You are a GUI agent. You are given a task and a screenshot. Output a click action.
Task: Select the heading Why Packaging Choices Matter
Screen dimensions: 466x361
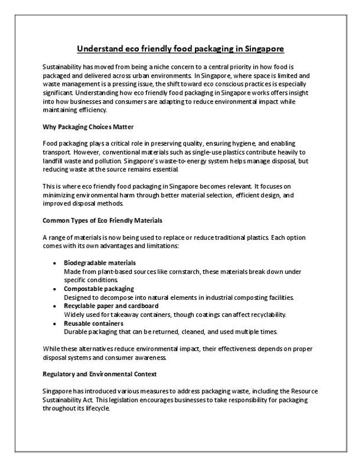[88, 127]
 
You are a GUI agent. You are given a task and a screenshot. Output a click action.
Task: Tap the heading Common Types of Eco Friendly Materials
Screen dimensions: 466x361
[102, 220]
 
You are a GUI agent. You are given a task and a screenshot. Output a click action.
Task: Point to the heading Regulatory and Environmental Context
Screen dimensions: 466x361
[100, 375]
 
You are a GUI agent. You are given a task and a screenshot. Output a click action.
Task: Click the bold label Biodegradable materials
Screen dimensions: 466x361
[99, 262]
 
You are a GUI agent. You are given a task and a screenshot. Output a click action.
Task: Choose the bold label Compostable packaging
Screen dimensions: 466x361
[98, 289]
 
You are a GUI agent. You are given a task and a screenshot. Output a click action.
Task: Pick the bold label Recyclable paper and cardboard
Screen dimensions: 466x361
[111, 306]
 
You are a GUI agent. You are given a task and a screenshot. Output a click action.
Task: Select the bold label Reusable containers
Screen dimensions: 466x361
[93, 323]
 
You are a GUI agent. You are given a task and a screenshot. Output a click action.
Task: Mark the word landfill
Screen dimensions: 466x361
[54, 160]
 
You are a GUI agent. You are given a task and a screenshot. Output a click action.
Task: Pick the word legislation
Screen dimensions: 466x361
[130, 400]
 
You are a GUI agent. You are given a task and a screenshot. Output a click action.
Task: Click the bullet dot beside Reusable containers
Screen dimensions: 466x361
[53, 323]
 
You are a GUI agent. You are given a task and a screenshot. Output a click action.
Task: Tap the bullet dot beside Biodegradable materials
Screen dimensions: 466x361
[53, 262]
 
